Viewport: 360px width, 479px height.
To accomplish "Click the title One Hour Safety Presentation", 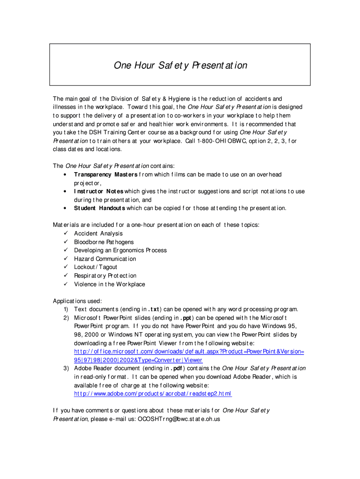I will (180, 65).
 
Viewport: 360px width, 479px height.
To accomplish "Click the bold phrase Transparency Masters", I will (106, 174).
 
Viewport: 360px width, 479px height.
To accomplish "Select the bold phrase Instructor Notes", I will (99, 191).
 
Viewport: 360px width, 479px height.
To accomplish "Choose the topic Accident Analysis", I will (98, 233).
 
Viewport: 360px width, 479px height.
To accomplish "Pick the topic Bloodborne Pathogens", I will (104, 242).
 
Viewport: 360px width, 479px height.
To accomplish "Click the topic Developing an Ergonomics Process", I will (120, 250).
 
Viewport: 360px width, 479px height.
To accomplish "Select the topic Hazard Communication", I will (105, 259).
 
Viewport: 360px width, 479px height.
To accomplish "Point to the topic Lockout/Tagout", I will (96, 267).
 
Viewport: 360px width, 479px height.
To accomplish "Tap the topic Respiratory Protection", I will (105, 276).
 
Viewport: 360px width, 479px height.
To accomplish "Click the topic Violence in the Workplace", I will (109, 284).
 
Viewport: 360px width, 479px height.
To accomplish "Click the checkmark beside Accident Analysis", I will (65, 233).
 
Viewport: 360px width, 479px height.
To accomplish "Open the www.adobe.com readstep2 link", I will (153, 393).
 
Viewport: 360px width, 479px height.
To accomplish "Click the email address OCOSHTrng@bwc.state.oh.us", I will (179, 419).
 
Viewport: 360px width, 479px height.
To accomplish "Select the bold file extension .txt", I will (154, 309).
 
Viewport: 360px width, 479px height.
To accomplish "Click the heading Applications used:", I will (77, 301).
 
